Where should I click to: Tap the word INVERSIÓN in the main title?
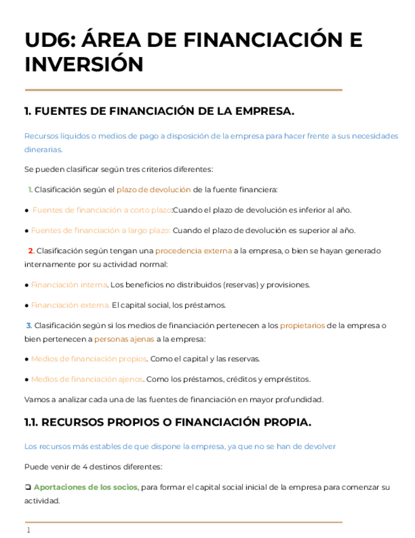click(84, 64)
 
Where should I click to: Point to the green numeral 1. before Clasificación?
click(30, 190)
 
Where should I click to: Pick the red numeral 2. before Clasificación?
click(31, 251)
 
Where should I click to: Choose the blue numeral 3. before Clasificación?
click(29, 325)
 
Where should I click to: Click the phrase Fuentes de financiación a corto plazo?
click(102, 210)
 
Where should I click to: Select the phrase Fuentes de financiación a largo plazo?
click(100, 230)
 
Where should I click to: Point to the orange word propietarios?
click(302, 325)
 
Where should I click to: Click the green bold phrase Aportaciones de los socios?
click(86, 487)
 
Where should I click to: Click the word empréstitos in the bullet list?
click(288, 379)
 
